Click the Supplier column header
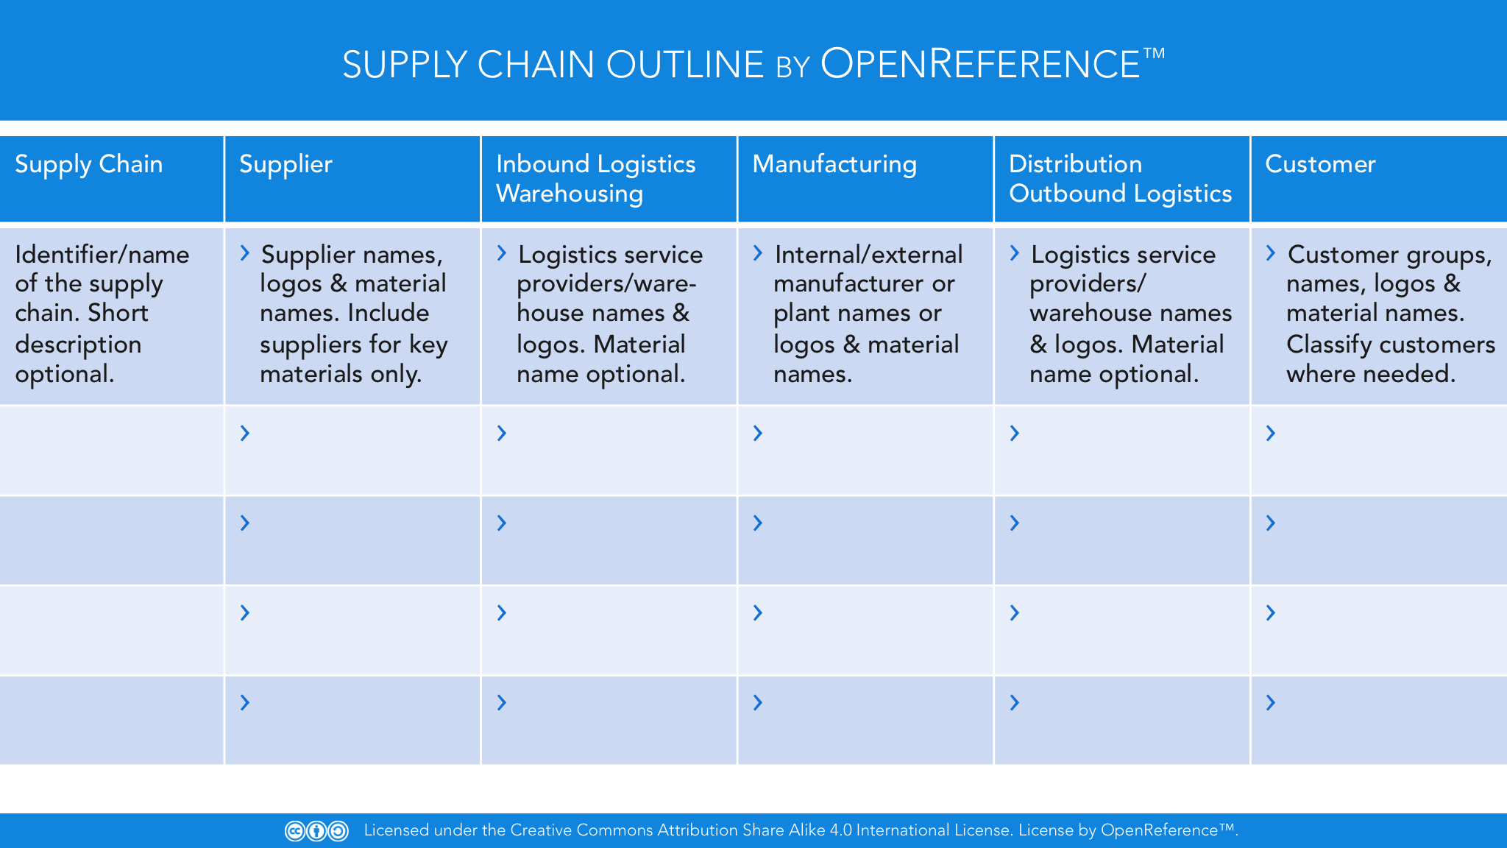286,165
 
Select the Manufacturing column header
834,164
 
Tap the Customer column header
1320,164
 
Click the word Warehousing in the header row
570,194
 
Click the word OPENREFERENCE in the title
980,64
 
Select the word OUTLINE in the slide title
685,65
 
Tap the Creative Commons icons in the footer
316,831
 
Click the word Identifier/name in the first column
102,255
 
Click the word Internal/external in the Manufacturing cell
868,255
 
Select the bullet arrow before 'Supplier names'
245,254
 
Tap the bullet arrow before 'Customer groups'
1271,254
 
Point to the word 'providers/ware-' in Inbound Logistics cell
606,284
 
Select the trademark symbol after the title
1154,53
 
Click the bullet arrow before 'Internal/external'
758,254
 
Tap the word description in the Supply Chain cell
78,344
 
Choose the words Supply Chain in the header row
88,164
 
